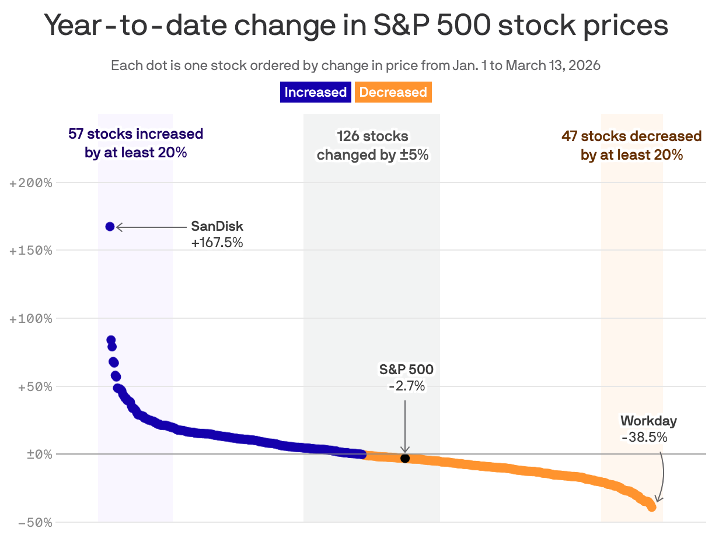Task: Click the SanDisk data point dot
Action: click(x=110, y=227)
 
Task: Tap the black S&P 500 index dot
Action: click(x=405, y=458)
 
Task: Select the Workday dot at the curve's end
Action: click(x=651, y=507)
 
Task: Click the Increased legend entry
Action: click(x=315, y=92)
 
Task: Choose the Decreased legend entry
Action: click(x=393, y=92)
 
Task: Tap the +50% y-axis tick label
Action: click(x=34, y=386)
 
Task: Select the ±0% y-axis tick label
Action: click(x=39, y=455)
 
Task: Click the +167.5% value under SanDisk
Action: click(x=217, y=242)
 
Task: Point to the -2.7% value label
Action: click(x=407, y=385)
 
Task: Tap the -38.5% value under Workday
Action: click(x=644, y=437)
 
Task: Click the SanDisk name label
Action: click(x=217, y=227)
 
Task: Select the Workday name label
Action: click(x=648, y=421)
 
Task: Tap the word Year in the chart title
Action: click(x=77, y=26)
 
